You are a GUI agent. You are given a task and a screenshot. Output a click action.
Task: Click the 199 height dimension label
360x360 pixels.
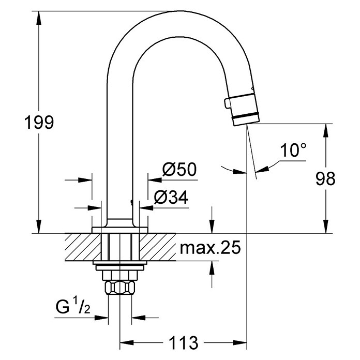(x=39, y=123)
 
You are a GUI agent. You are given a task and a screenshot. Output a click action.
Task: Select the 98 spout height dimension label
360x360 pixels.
(x=325, y=179)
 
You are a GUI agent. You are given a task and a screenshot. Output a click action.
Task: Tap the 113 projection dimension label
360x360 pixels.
(x=184, y=343)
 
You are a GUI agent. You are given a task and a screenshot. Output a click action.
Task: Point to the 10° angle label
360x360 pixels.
(x=293, y=150)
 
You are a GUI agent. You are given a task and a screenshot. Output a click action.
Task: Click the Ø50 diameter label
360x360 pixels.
(x=179, y=169)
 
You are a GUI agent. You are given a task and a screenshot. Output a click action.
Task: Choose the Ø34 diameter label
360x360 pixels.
(x=171, y=197)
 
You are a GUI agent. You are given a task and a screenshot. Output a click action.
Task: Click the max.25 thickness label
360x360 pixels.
(x=211, y=247)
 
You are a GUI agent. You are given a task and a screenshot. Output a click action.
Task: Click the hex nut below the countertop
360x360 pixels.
(x=120, y=287)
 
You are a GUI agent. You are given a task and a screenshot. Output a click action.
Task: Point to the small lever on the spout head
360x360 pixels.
(x=228, y=102)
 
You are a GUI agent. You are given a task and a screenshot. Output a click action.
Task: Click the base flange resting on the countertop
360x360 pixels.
(x=119, y=230)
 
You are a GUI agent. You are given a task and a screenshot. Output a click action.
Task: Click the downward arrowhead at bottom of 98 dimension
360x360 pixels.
(x=325, y=227)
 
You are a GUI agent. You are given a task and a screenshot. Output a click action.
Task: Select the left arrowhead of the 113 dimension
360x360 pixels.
(x=127, y=342)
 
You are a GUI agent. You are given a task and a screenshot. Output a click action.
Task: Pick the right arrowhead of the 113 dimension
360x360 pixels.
(x=240, y=342)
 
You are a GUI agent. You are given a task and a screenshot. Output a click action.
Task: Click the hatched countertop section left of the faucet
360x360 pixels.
(x=83, y=247)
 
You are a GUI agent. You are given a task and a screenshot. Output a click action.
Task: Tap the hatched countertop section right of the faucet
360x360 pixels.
(x=157, y=247)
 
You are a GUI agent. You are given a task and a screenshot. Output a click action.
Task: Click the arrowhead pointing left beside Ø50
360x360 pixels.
(x=155, y=180)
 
